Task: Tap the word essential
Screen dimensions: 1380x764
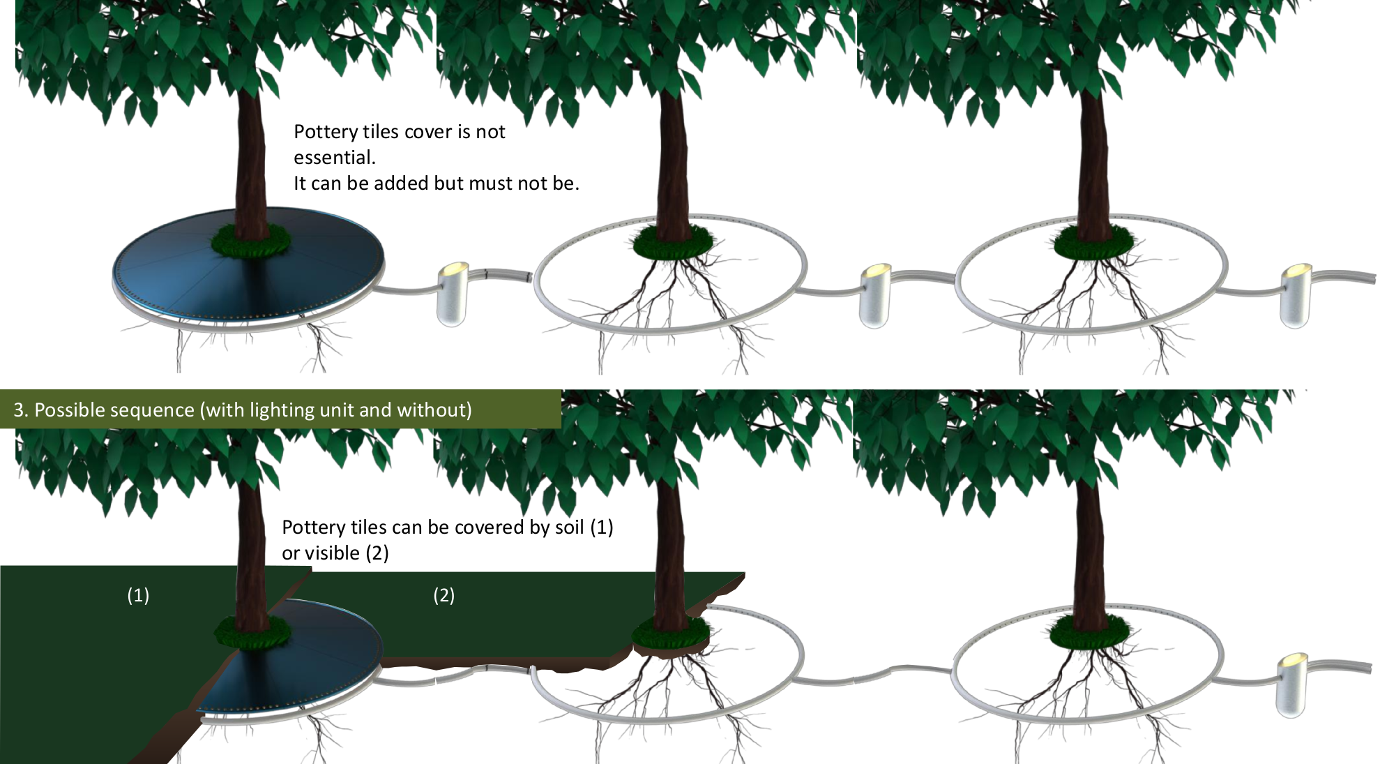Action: click(334, 158)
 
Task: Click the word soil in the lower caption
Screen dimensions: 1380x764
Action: click(569, 527)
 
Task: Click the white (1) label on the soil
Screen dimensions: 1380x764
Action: click(138, 595)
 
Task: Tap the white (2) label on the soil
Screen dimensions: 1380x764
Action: click(444, 595)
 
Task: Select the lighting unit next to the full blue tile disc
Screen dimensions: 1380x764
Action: click(453, 294)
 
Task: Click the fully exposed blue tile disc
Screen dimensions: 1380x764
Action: click(248, 265)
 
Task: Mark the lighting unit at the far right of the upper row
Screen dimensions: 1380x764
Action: click(1297, 295)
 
